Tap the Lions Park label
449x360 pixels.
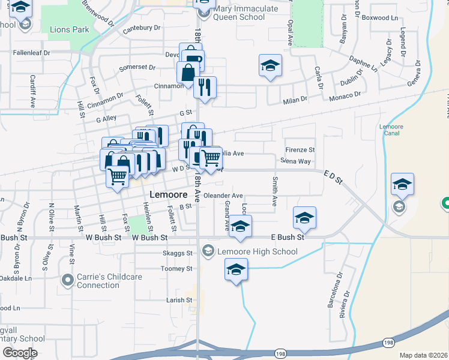tap(70, 29)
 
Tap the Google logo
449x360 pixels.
tap(20, 353)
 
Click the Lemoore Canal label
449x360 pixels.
tap(391, 131)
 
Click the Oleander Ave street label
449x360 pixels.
tap(223, 196)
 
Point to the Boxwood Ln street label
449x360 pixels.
tap(380, 18)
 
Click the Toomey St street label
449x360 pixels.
tap(176, 269)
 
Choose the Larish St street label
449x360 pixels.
tap(180, 299)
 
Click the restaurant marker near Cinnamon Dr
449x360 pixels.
tap(205, 88)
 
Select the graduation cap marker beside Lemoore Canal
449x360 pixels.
tap(402, 184)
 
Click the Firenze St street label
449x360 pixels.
tap(300, 149)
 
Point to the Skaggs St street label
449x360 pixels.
tap(176, 254)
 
